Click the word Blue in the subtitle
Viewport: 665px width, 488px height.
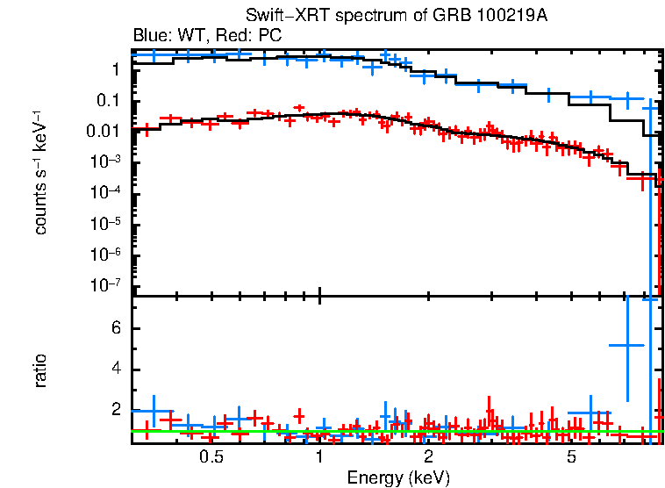148,36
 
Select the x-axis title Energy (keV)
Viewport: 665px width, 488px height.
398,477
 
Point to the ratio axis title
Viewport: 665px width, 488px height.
40,370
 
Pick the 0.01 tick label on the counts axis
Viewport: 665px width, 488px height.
103,132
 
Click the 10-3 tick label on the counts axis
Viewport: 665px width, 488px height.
104,162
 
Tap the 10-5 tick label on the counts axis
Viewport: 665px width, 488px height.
104,224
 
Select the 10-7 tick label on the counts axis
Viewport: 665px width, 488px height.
104,285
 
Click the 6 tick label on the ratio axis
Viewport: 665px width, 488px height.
115,328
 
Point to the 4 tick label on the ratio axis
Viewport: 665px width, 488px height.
115,369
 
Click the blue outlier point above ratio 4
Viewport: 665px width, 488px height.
627,346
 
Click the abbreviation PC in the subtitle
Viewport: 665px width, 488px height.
268,36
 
